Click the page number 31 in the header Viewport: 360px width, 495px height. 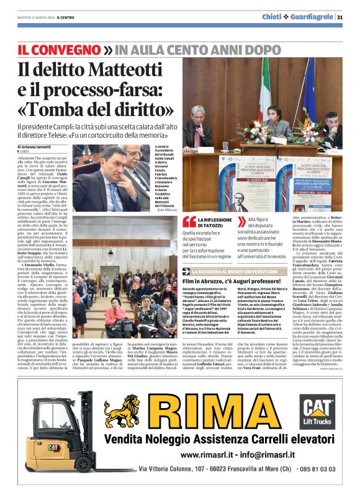click(340, 17)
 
